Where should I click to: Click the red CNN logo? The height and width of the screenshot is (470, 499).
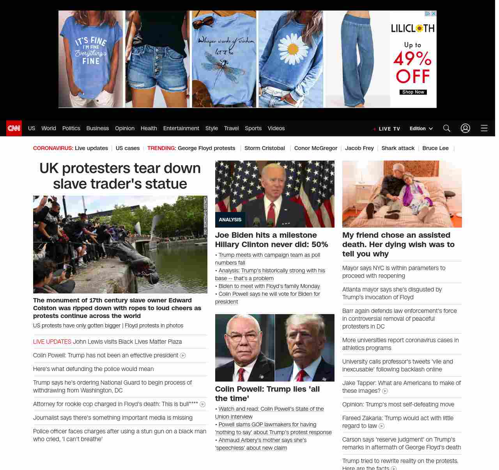pos(14,128)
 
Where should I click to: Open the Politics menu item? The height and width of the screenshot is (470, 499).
pos(71,128)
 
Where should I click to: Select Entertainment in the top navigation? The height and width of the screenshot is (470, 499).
pos(181,128)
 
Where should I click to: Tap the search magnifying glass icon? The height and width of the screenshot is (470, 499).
pos(446,128)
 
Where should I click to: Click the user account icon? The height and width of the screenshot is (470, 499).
pos(465,128)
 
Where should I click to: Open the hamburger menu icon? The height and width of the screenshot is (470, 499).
pos(484,128)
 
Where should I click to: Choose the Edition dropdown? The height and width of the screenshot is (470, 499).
pos(421,129)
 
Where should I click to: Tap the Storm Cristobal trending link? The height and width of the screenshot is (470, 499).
pos(264,148)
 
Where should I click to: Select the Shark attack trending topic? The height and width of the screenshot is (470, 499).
pos(398,148)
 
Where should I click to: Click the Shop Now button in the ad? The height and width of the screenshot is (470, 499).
pos(413,92)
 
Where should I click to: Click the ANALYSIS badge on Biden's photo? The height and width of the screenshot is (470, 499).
pos(230,220)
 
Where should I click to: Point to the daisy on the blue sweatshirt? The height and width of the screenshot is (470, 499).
pos(292,48)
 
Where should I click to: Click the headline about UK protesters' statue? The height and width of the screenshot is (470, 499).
pos(120,176)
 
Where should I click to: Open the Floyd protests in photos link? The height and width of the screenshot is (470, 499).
pos(154,325)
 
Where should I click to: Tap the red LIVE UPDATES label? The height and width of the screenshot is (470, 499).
pos(52,342)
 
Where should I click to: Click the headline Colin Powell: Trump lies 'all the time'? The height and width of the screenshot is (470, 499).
pos(267,394)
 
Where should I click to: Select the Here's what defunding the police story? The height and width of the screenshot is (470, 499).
pos(93,369)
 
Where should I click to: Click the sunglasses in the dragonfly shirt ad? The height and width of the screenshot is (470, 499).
pos(203,22)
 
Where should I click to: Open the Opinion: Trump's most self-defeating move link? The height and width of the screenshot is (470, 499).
pos(398,405)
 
